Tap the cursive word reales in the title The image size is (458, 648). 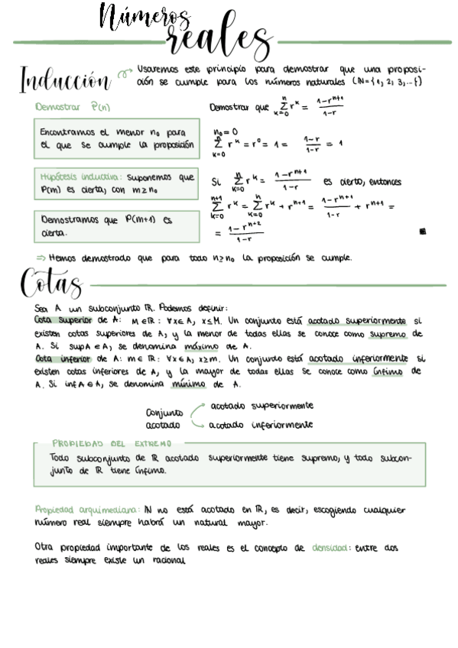coord(218,42)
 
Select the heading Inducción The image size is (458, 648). coord(65,78)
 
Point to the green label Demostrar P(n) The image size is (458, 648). coord(73,108)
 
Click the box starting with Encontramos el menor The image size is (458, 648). coord(116,138)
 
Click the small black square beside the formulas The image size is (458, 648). coord(423,232)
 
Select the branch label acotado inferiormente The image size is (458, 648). coord(260,425)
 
